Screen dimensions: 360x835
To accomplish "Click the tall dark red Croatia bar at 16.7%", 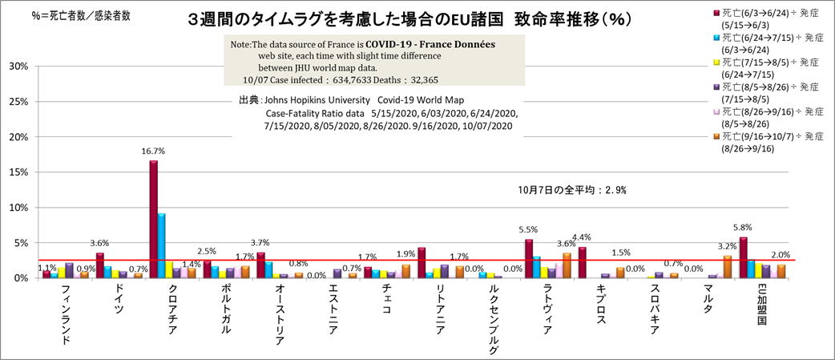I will tap(153, 218).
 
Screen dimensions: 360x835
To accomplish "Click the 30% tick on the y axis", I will tap(18, 67).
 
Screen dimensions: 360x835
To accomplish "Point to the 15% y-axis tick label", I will tap(18, 172).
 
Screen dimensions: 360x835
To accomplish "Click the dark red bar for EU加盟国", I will tap(744, 257).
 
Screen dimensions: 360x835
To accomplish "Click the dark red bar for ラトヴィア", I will tap(529, 258).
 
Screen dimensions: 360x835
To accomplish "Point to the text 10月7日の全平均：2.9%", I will tap(571, 191).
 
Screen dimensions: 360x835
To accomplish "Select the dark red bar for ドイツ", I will tap(99, 265).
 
